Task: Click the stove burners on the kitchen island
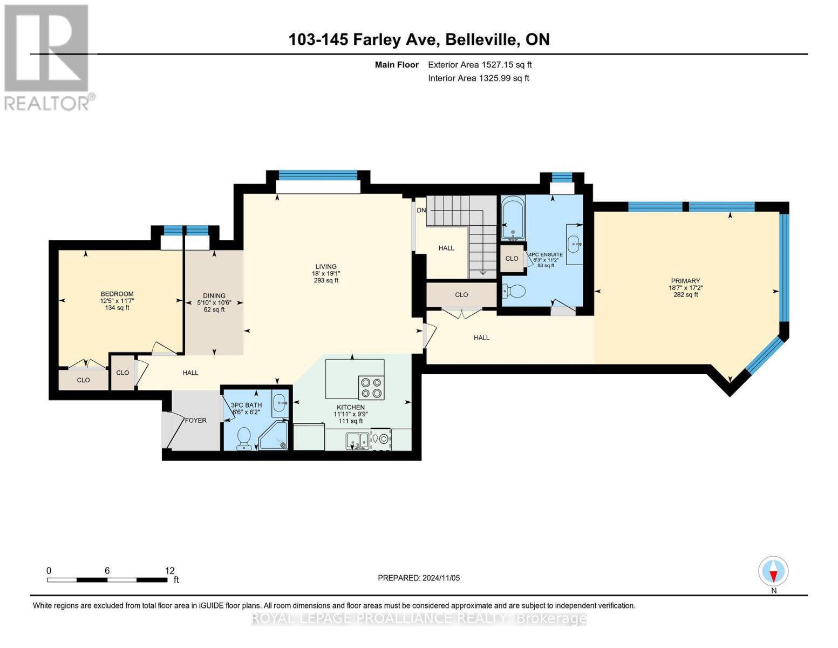pyautogui.click(x=371, y=388)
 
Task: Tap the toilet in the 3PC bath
pyautogui.click(x=244, y=438)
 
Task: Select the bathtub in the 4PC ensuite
pyautogui.click(x=513, y=218)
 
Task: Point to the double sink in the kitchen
pyautogui.click(x=358, y=440)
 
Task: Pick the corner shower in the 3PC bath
pyautogui.click(x=274, y=435)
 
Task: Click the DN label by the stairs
pyautogui.click(x=421, y=211)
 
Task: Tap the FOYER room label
pyautogui.click(x=195, y=420)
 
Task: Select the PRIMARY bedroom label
pyautogui.click(x=685, y=281)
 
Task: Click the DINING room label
pyautogui.click(x=214, y=295)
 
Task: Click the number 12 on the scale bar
pyautogui.click(x=169, y=570)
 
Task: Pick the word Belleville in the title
pyautogui.click(x=481, y=39)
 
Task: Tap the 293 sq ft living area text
pyautogui.click(x=326, y=281)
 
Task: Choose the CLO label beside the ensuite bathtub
pyautogui.click(x=512, y=259)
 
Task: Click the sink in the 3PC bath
pyautogui.click(x=280, y=403)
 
